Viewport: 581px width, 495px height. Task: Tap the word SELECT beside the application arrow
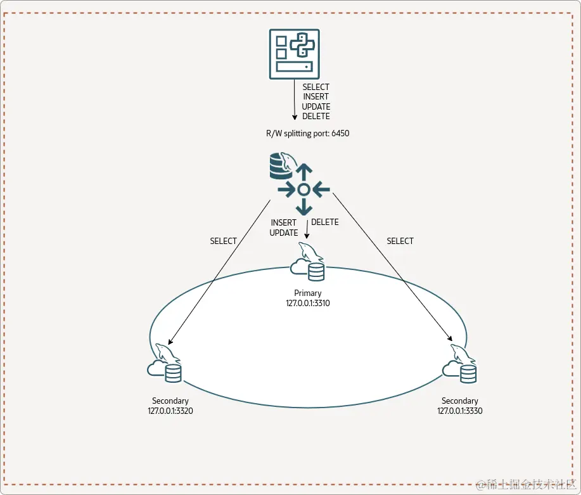pyautogui.click(x=316, y=87)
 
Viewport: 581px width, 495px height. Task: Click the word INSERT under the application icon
pyautogui.click(x=316, y=97)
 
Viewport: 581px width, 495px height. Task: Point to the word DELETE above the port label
pyautogui.click(x=316, y=117)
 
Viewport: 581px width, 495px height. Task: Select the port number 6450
pyautogui.click(x=340, y=134)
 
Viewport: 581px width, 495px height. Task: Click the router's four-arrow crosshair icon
pyautogui.click(x=303, y=189)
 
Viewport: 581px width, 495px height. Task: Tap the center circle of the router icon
pyautogui.click(x=303, y=189)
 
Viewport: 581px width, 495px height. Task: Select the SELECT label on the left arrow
pyautogui.click(x=223, y=241)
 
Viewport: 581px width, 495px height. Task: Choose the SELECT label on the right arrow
pyautogui.click(x=400, y=241)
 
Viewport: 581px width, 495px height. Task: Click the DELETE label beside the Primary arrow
pyautogui.click(x=325, y=222)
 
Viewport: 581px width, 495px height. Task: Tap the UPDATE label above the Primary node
pyautogui.click(x=284, y=233)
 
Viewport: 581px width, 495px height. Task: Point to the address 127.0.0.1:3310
pyautogui.click(x=308, y=303)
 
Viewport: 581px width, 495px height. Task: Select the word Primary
pyautogui.click(x=308, y=293)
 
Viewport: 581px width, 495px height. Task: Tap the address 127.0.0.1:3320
pyautogui.click(x=170, y=411)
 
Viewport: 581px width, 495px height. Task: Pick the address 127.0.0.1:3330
pyautogui.click(x=460, y=411)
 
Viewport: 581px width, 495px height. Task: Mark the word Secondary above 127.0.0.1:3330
pyautogui.click(x=460, y=401)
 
